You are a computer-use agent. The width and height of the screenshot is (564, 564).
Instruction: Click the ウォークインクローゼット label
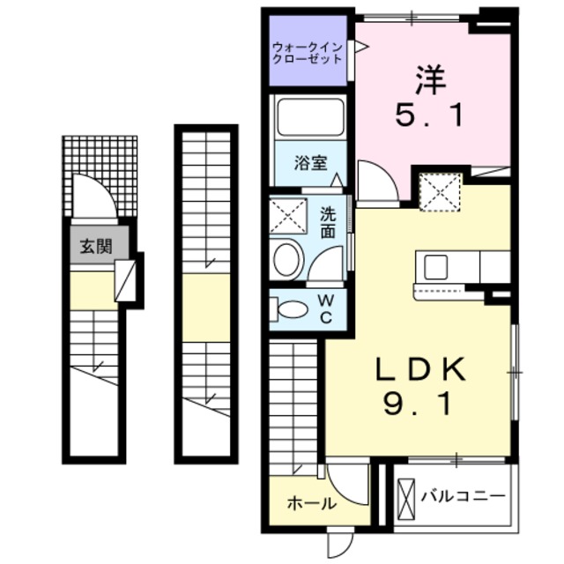coord(308,52)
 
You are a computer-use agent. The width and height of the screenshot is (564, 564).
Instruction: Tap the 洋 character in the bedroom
coord(432,80)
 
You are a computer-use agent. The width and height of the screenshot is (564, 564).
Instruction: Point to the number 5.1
coord(432,117)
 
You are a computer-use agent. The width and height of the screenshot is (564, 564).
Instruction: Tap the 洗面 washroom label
coord(328,221)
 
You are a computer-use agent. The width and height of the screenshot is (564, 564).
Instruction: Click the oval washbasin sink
coord(286,260)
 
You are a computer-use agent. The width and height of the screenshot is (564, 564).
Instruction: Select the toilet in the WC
coord(289,309)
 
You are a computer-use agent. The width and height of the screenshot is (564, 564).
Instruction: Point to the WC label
coord(325,309)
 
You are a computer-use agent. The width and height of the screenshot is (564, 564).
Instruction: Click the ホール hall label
coord(311,504)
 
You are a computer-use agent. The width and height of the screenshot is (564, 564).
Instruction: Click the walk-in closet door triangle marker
coord(360,49)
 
